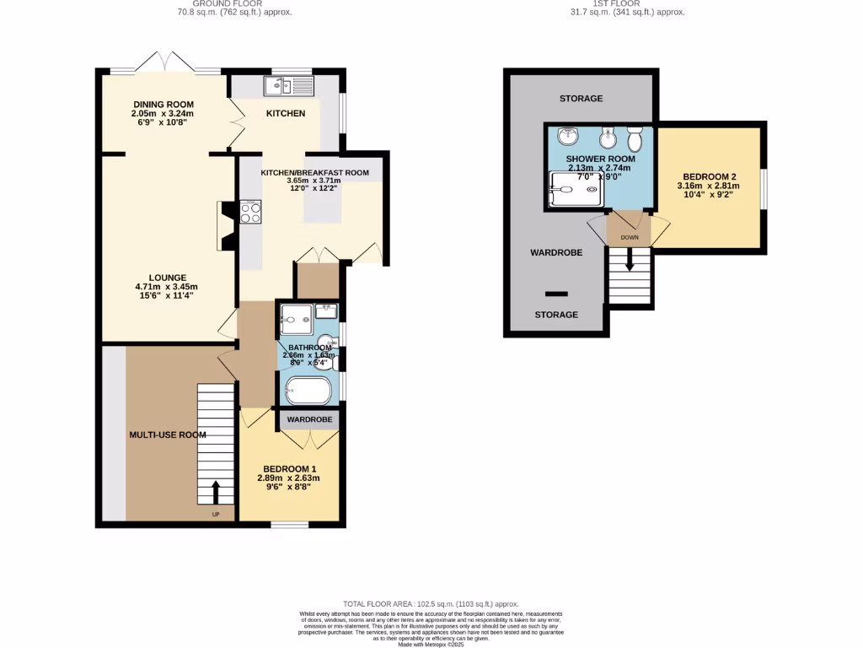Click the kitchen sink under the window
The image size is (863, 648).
tap(288, 85)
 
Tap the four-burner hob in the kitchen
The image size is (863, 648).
tap(251, 212)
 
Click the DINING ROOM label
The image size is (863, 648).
tap(163, 105)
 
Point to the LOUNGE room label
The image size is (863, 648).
tap(168, 278)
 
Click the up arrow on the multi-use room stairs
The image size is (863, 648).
tap(215, 491)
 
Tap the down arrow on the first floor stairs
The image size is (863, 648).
tap(630, 262)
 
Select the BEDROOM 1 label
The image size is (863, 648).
tap(289, 469)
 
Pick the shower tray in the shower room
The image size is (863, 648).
tap(576, 189)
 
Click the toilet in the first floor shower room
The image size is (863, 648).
tap(635, 138)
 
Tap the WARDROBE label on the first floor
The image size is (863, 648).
tap(555, 252)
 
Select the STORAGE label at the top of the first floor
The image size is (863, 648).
tap(581, 99)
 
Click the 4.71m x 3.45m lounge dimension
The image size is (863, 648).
tap(168, 287)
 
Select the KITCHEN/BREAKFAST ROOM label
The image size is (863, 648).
tap(314, 172)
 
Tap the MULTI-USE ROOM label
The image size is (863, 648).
tap(168, 435)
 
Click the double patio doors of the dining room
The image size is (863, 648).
tap(166, 62)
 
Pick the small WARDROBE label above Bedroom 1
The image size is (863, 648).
tap(309, 419)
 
